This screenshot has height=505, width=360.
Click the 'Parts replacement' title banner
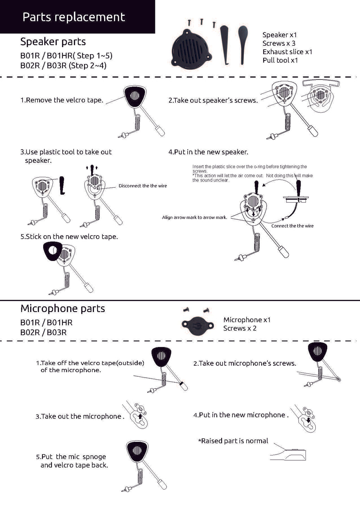click(74, 17)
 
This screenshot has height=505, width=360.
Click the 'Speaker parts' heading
click(53, 41)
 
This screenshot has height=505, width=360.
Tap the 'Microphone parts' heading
click(63, 308)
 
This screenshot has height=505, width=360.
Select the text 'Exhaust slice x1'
click(287, 52)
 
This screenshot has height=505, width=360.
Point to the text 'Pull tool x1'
click(280, 60)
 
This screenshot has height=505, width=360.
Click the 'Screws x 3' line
click(279, 43)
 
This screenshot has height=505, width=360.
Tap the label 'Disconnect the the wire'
click(142, 186)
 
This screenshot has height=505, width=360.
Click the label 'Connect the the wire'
click(292, 226)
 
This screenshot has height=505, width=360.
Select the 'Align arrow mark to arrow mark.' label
click(194, 217)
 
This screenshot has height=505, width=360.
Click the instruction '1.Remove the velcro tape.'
click(62, 100)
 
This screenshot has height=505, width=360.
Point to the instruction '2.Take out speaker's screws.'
click(213, 100)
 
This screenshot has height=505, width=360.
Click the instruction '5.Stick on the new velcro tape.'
click(69, 237)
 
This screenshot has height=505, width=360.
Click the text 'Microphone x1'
click(247, 320)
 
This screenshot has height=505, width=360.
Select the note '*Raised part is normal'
click(233, 441)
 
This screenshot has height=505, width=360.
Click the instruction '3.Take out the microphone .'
click(80, 416)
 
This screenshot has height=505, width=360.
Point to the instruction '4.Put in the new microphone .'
click(241, 415)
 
